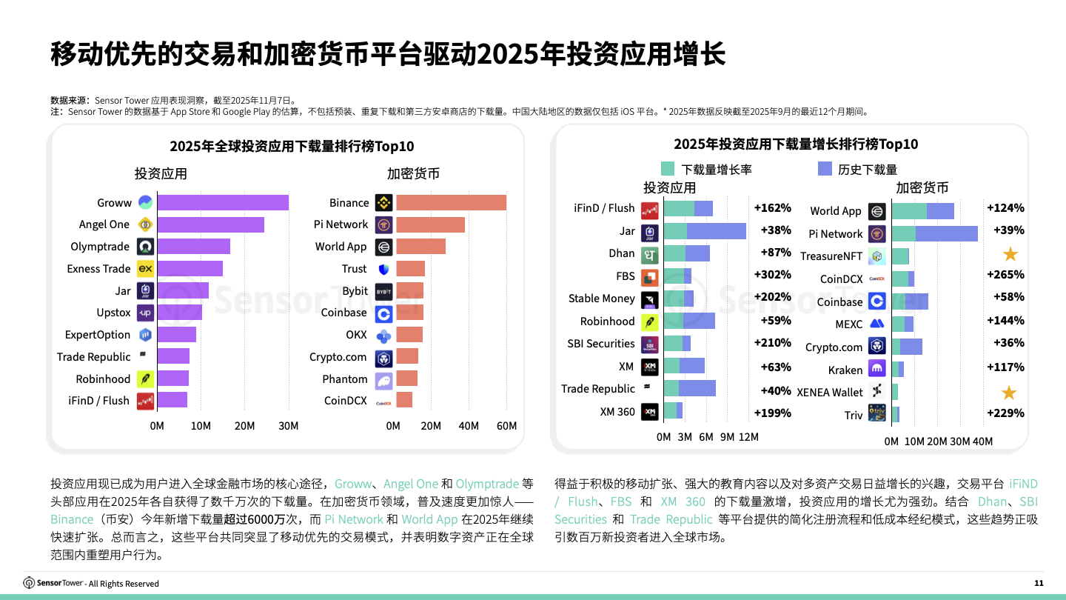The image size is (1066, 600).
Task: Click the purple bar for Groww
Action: tap(222, 203)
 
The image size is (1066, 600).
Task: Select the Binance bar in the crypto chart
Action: tap(451, 203)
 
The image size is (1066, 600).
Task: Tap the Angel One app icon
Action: tap(145, 224)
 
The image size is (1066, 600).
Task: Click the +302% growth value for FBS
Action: tap(772, 275)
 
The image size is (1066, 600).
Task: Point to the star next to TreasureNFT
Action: tap(1010, 255)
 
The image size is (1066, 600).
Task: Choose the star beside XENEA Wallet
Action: tap(1008, 393)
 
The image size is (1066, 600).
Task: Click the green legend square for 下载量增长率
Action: tap(667, 169)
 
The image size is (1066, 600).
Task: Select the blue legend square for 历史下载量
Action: tap(825, 169)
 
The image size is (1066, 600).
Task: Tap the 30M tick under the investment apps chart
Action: tap(288, 426)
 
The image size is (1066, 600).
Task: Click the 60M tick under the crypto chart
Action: tap(506, 426)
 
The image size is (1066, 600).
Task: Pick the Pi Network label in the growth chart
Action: tap(835, 234)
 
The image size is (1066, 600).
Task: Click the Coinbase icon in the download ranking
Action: tap(383, 313)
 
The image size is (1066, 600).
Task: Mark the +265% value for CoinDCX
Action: tap(1005, 275)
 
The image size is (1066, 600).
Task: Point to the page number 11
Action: tap(1039, 583)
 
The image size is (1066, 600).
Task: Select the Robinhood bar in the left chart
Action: tap(172, 379)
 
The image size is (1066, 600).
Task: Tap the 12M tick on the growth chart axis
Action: tap(748, 437)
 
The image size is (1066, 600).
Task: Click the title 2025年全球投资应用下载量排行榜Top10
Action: tap(292, 146)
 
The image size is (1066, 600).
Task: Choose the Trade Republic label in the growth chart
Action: tap(597, 389)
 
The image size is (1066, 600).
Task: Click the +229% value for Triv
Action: tap(1005, 413)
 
